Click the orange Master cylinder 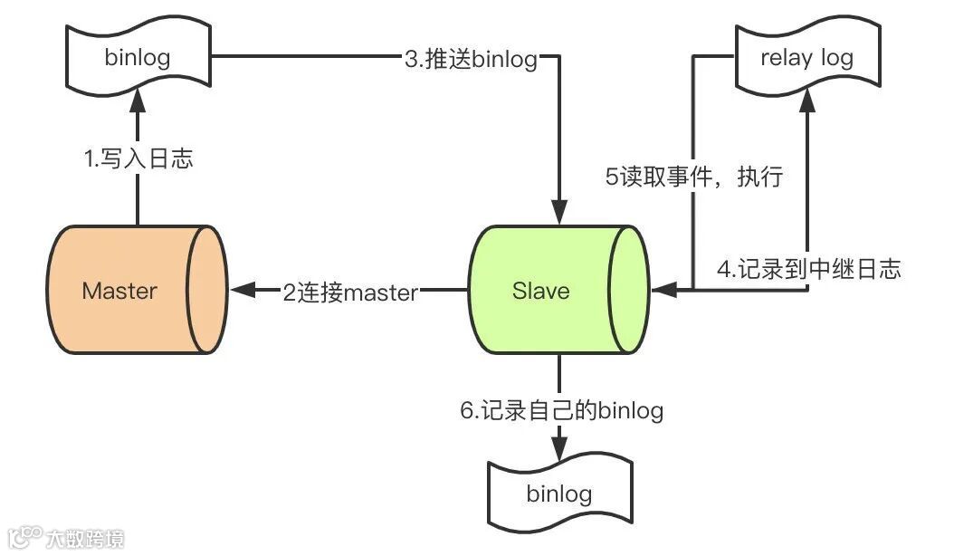click(x=136, y=290)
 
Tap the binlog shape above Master click(x=138, y=59)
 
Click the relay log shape click(x=806, y=59)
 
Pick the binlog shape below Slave click(x=558, y=494)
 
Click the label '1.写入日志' click(x=138, y=160)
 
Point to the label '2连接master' click(x=350, y=292)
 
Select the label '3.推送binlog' click(x=471, y=60)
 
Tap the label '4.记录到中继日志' click(x=809, y=269)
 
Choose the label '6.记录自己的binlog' click(x=561, y=410)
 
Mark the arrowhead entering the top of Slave click(x=560, y=214)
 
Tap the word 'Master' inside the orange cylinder click(x=119, y=291)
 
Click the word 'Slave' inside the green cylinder click(x=541, y=291)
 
